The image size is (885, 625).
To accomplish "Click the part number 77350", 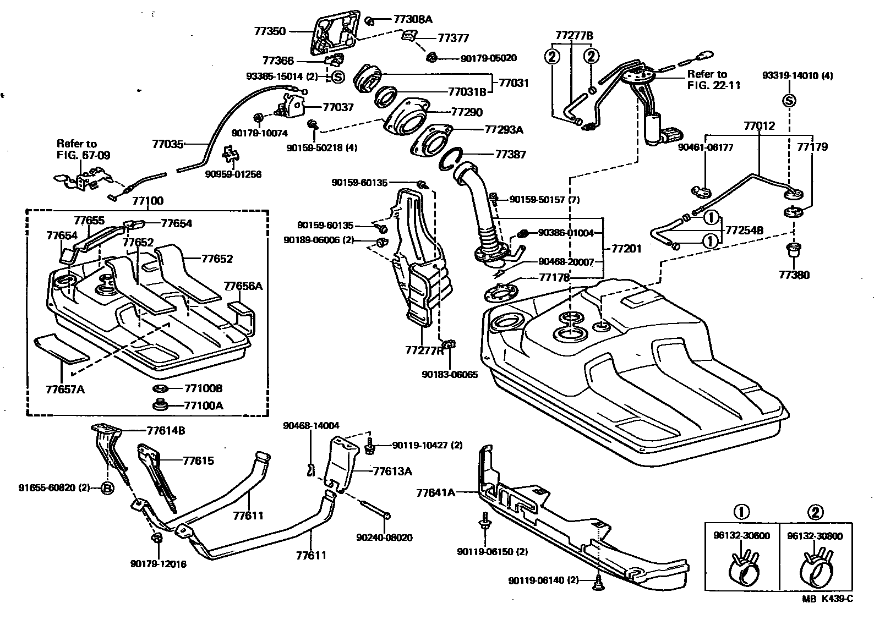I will pos(270,31).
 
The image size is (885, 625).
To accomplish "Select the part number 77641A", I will pos(436,493).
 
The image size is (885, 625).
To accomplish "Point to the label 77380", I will pos(794,275).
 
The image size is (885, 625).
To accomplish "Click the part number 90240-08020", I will pos(384,538).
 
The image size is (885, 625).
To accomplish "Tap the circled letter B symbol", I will pos(107,487).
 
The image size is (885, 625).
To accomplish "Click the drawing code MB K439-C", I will pos(827,599).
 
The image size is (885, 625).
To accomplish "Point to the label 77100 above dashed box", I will pos(147,201).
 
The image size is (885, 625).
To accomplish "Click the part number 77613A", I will pos(392,471).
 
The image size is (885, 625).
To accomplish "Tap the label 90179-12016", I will pos(159,564).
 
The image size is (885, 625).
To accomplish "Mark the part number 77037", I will pos(337,107).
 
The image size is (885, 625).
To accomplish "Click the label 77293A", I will pos(504,130).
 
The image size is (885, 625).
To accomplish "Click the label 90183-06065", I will pos(450,375).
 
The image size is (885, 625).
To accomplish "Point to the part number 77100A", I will pos(203,406).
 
